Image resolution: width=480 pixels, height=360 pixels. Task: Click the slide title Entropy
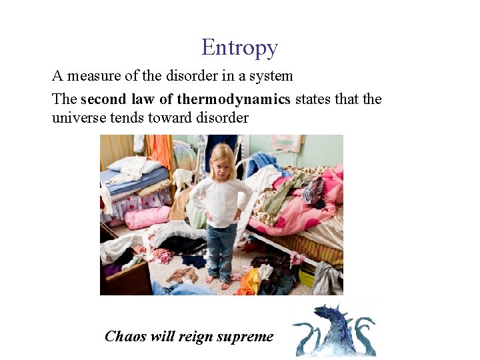[239, 48]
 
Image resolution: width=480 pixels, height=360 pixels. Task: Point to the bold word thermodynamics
[233, 99]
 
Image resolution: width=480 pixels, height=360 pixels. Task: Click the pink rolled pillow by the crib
[147, 217]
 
